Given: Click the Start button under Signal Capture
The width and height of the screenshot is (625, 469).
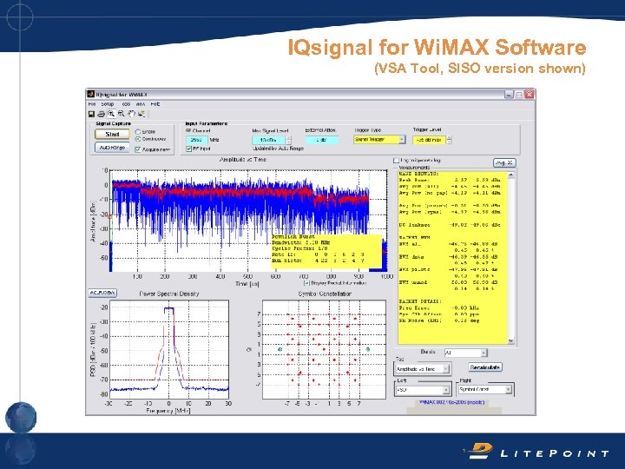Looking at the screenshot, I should [112, 135].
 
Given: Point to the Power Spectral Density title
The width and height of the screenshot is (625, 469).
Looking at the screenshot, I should [169, 294].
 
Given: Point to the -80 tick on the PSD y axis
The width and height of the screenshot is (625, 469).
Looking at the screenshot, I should [104, 393].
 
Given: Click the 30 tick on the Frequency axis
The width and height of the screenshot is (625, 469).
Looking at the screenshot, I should [228, 403].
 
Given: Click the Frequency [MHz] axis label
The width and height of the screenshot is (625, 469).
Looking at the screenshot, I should [169, 410].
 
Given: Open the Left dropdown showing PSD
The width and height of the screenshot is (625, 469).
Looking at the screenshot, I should [423, 389].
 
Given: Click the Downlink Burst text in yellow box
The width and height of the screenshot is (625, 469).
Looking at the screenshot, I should [293, 236].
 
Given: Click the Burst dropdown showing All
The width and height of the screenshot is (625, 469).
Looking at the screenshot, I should [464, 353].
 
